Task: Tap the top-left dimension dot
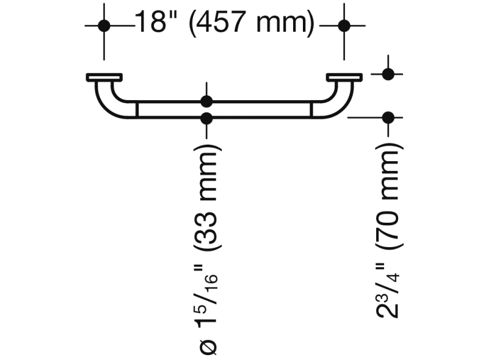[x=104, y=26]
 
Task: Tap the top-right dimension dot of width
[x=344, y=26]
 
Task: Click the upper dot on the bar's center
[x=207, y=101]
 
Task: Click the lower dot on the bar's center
[x=207, y=118]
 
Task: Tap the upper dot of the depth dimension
[x=387, y=74]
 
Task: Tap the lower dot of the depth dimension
[x=387, y=117]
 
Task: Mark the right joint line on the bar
[x=311, y=109]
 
